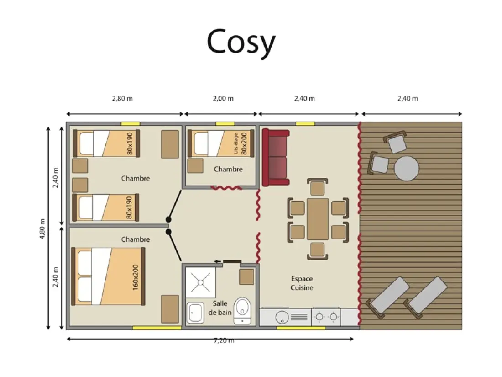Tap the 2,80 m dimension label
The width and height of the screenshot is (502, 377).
[x=122, y=98]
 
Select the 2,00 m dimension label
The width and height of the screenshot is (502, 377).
[x=223, y=98]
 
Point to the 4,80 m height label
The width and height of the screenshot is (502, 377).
[x=42, y=229]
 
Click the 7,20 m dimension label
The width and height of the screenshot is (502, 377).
[x=224, y=340]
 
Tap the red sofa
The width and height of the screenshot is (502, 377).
[x=276, y=158]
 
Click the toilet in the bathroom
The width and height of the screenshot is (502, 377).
[x=242, y=310]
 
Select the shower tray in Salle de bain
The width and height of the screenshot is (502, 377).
[x=200, y=282]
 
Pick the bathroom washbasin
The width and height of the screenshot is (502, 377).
[x=195, y=312]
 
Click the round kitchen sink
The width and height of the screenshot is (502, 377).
[x=282, y=318]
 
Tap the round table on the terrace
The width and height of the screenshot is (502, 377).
[x=406, y=168]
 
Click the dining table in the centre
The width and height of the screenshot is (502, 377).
[x=318, y=219]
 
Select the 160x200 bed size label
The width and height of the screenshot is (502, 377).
[x=136, y=277]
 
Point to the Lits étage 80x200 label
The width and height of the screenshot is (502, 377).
[x=241, y=143]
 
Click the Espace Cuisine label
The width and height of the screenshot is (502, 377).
[x=302, y=283]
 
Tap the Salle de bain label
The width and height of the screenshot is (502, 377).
[x=220, y=308]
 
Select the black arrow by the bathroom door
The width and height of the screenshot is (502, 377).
[x=218, y=261]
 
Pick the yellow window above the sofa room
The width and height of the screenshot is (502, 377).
[x=305, y=124]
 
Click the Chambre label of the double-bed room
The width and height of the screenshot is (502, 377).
[x=136, y=239]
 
